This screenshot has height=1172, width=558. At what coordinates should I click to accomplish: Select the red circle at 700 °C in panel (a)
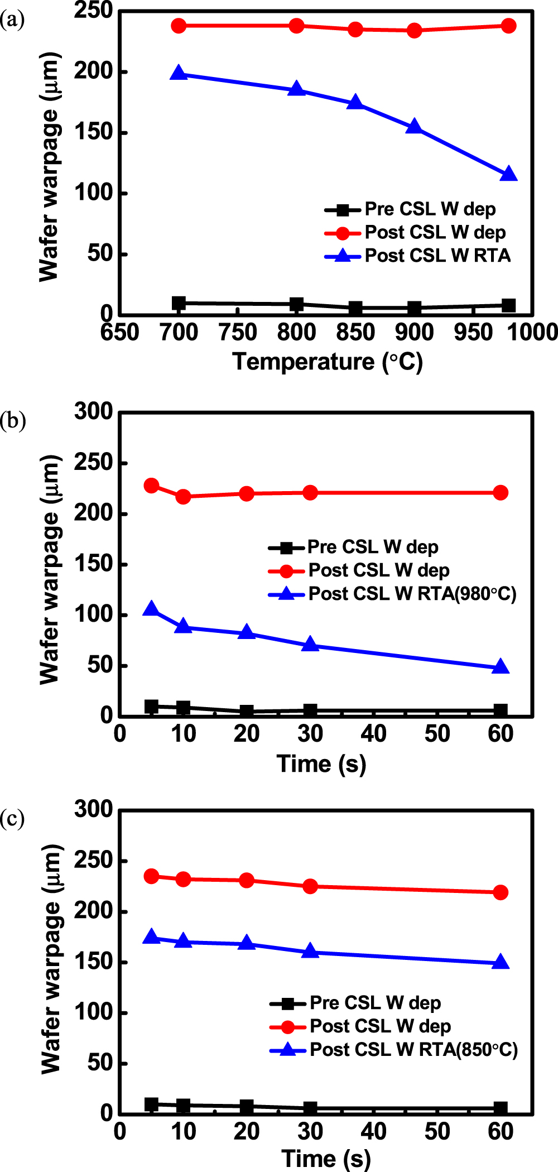(179, 26)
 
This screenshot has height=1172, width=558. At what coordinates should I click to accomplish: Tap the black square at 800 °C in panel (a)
(297, 304)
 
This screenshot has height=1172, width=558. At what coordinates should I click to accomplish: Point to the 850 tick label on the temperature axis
(355, 333)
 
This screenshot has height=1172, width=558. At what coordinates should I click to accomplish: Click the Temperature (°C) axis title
(328, 362)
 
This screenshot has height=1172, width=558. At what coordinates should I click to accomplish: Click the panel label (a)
(12, 20)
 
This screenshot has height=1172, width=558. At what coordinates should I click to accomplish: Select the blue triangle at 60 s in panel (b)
(501, 667)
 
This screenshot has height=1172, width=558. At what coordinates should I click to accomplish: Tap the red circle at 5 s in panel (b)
(151, 486)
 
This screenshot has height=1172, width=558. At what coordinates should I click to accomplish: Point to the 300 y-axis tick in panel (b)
(94, 412)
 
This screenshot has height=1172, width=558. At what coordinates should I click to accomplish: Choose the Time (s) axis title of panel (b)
(321, 763)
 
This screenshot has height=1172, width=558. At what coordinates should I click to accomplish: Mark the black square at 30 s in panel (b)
(310, 710)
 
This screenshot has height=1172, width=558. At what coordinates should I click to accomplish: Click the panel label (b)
(13, 420)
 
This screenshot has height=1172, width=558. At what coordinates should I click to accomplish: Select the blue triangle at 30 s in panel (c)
(310, 952)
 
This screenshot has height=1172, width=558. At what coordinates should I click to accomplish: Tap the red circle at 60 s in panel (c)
(501, 892)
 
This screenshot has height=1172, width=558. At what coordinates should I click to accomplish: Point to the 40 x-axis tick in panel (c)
(373, 1132)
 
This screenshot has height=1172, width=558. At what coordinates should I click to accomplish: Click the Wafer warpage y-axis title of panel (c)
(51, 959)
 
